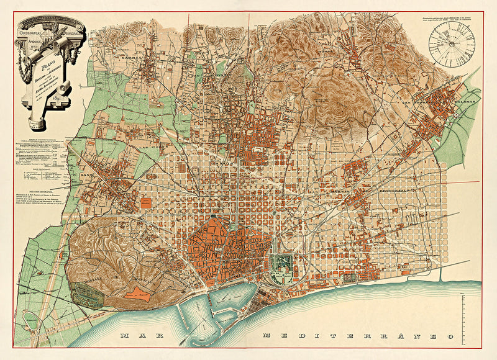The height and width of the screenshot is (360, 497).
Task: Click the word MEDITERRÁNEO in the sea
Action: (x=354, y=336)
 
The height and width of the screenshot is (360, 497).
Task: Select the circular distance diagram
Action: (x=451, y=42)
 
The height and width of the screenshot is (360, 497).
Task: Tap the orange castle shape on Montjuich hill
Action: (x=137, y=294)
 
